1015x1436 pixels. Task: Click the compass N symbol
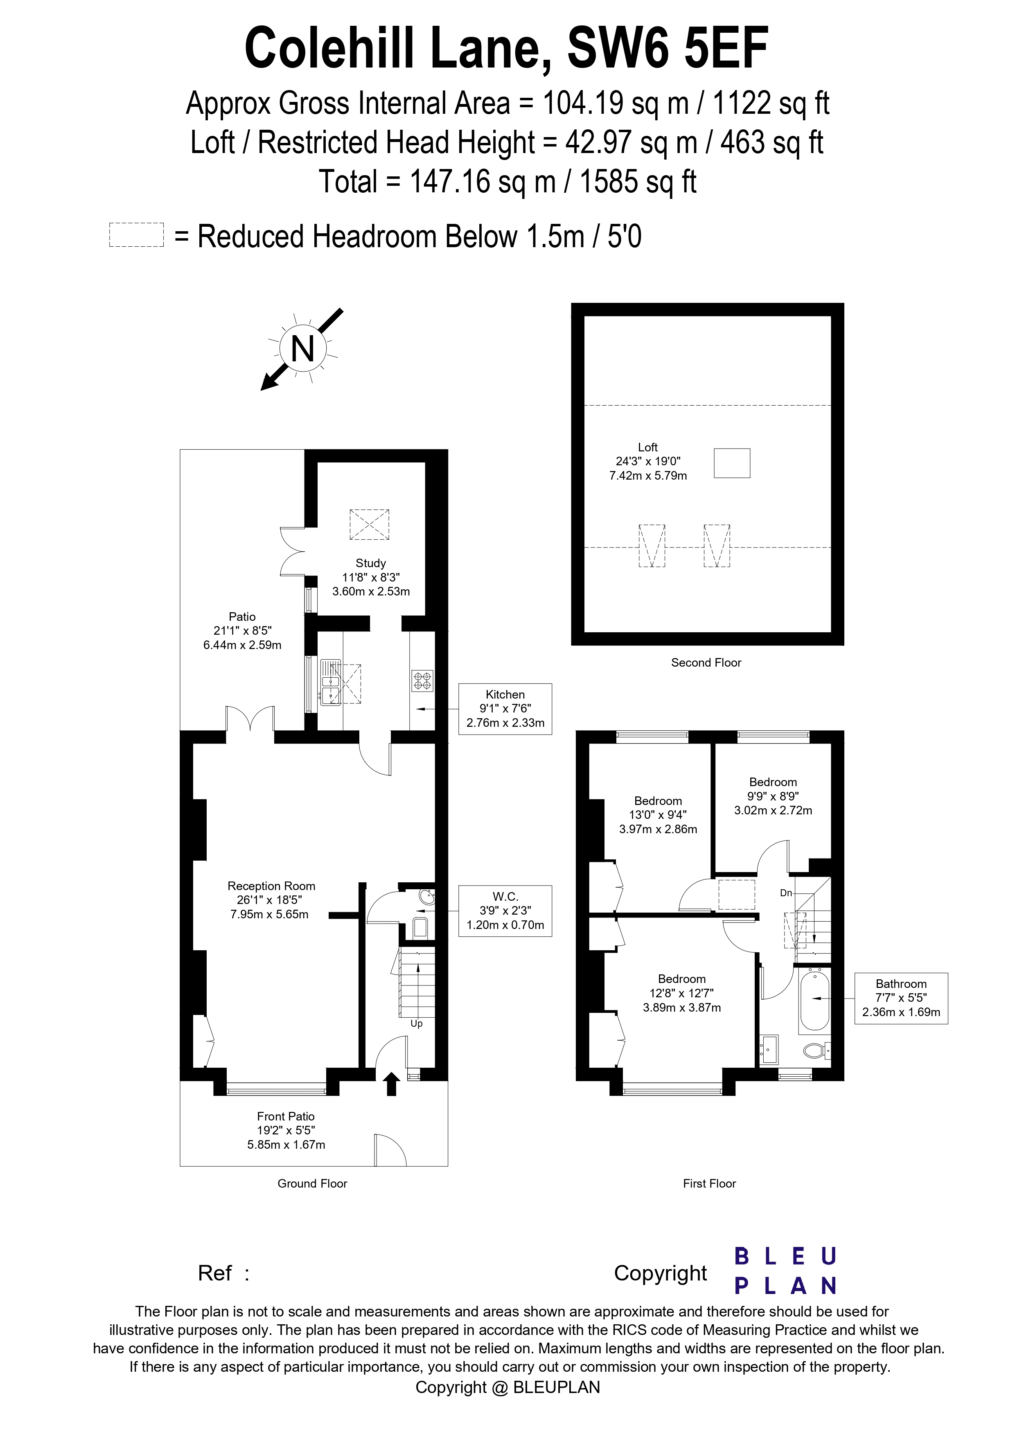[303, 348]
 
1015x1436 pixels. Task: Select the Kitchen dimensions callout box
[505, 709]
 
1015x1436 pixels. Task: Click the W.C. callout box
[505, 911]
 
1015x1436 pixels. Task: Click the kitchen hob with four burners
[422, 681]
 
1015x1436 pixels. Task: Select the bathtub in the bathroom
[814, 999]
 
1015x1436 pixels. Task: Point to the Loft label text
[648, 447]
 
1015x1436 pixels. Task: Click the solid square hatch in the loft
[732, 463]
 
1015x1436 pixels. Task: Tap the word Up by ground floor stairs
[417, 1024]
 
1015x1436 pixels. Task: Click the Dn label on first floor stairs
[786, 893]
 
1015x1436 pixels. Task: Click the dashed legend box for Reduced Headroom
[136, 235]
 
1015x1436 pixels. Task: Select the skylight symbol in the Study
[369, 524]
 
